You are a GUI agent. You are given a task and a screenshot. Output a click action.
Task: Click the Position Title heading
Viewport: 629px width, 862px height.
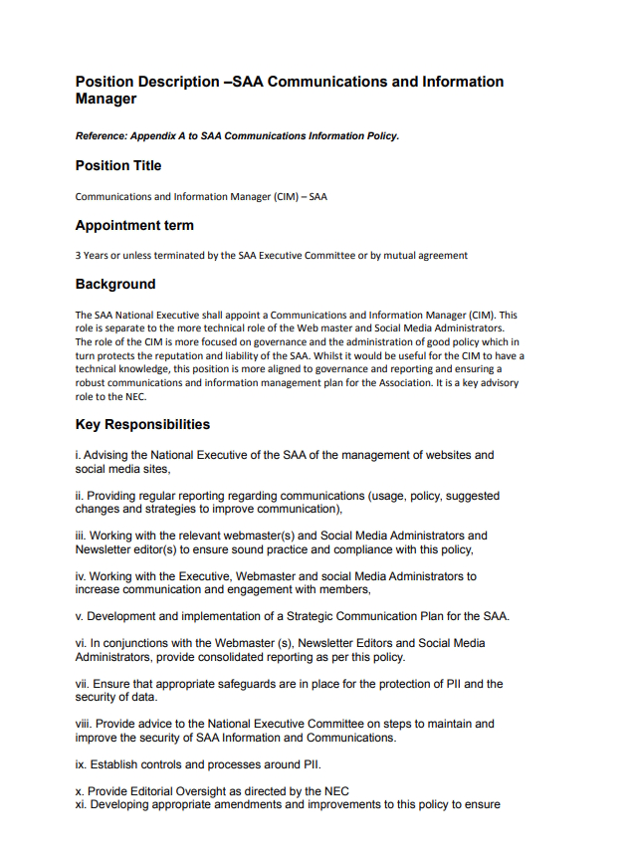pyautogui.click(x=118, y=165)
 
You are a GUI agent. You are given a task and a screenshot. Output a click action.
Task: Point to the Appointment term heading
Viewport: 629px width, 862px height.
pyautogui.click(x=134, y=226)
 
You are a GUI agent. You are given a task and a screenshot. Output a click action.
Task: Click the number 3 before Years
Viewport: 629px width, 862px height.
pyautogui.click(x=79, y=256)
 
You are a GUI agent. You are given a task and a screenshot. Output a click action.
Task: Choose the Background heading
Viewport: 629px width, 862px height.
pyautogui.click(x=115, y=285)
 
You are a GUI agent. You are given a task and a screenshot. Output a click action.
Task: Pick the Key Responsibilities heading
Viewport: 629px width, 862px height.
pyautogui.click(x=142, y=425)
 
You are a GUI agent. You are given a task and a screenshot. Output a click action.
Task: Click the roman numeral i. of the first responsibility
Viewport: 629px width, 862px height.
pyautogui.click(x=78, y=455)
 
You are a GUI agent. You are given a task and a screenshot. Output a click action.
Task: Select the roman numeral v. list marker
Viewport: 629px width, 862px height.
pyautogui.click(x=80, y=616)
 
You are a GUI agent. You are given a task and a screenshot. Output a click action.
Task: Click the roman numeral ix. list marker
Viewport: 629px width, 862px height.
pyautogui.click(x=81, y=764)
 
